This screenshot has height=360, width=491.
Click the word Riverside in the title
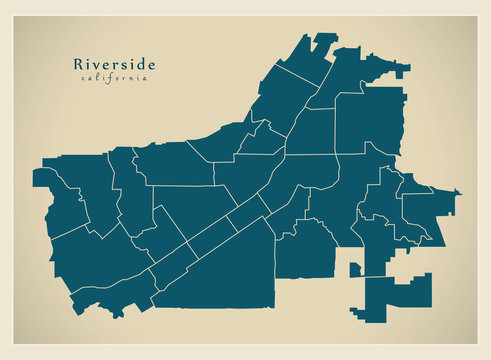(114, 64)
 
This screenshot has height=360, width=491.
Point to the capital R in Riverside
(79, 64)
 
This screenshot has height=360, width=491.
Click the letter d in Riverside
(140, 64)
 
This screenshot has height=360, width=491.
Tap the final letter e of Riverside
(151, 65)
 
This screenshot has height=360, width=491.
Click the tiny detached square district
(354, 268)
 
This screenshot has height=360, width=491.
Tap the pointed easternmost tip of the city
(458, 191)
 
